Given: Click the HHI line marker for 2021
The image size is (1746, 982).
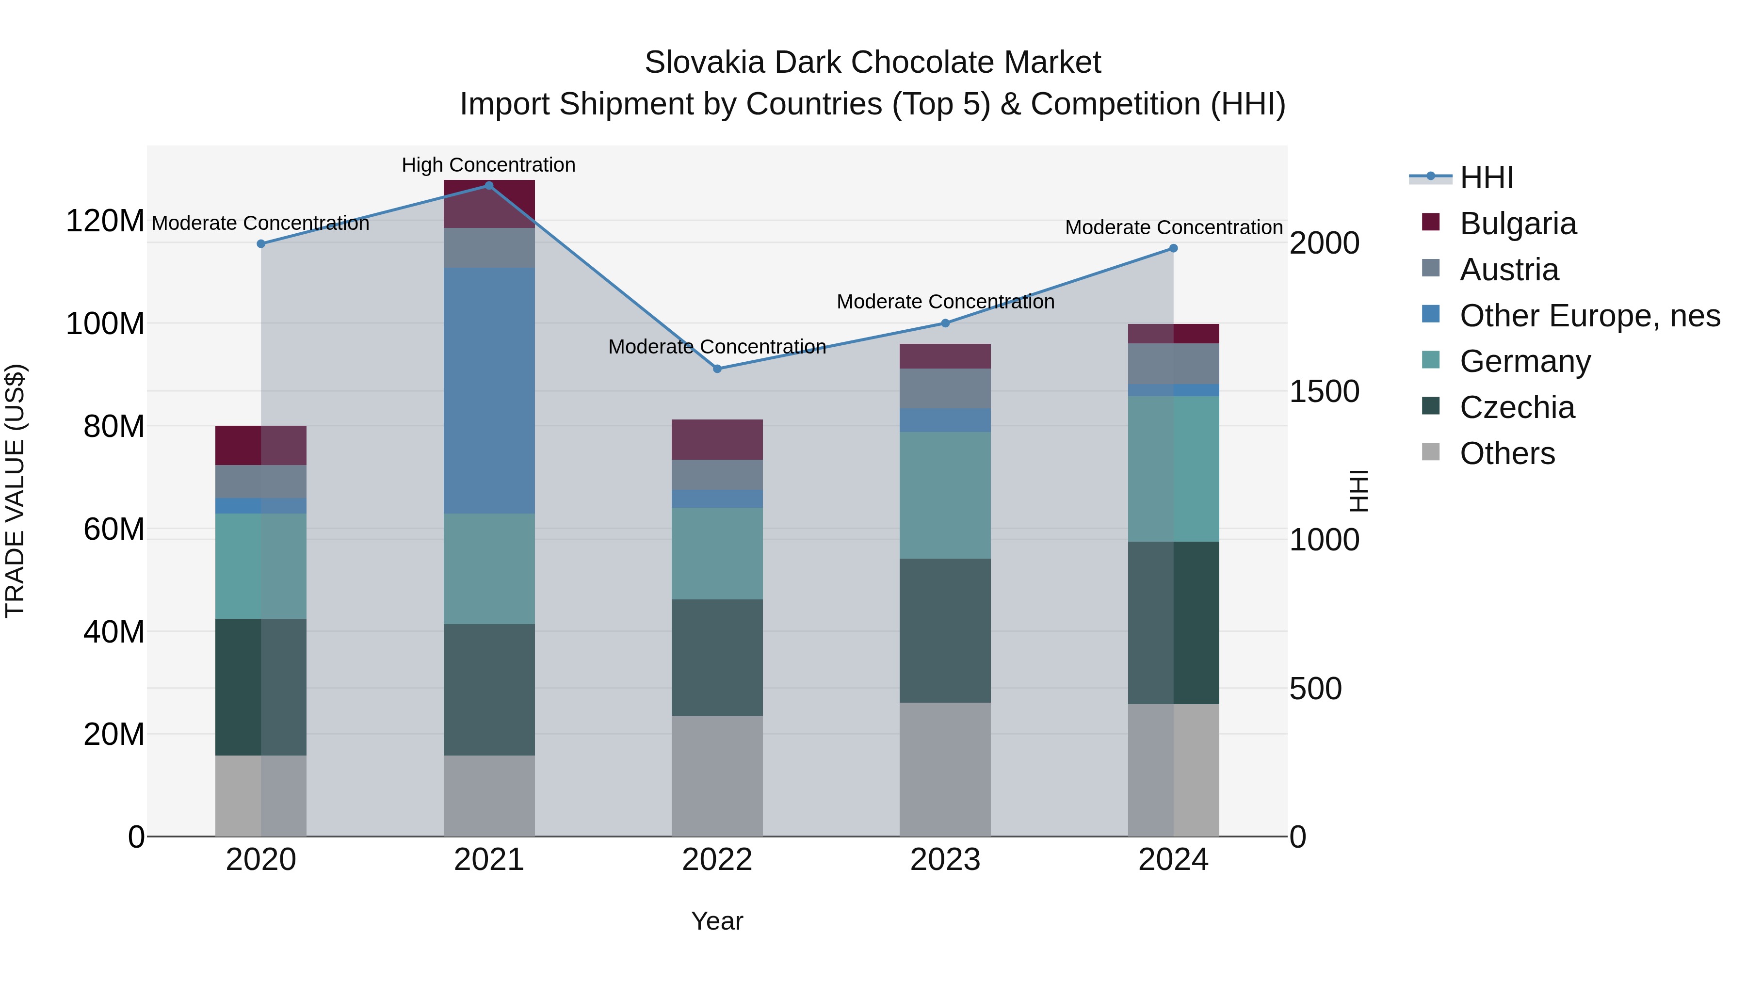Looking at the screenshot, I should pyautogui.click(x=489, y=186).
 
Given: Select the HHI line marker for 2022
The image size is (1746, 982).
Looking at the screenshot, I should pyautogui.click(x=717, y=369).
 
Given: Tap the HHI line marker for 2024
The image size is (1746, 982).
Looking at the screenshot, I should pyautogui.click(x=1173, y=248).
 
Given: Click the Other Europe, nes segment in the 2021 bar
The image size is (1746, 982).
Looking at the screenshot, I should pyautogui.click(x=489, y=390).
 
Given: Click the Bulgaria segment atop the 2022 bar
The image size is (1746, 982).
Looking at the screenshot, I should pyautogui.click(x=717, y=439).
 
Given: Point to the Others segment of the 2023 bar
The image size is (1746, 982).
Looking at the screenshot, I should pyautogui.click(x=945, y=769).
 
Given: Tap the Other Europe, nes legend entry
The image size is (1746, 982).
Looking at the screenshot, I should pyautogui.click(x=1589, y=316).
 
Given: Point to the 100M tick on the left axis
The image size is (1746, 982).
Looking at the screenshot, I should pyautogui.click(x=105, y=324).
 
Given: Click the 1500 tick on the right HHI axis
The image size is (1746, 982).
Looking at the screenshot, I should pyautogui.click(x=1324, y=392).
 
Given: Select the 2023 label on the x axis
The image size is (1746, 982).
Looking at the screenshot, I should pyautogui.click(x=945, y=860).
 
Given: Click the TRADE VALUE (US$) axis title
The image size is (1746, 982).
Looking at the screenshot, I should pyautogui.click(x=15, y=491).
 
